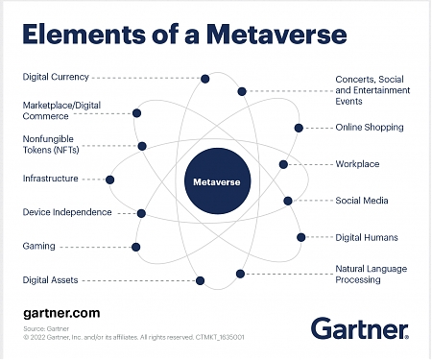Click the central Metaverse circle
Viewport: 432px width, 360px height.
(x=214, y=180)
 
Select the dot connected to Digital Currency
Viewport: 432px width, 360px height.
(x=205, y=79)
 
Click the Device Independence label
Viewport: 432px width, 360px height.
(x=67, y=212)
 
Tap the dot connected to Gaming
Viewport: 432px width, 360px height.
(x=135, y=247)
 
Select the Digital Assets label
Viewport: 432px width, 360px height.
(x=51, y=280)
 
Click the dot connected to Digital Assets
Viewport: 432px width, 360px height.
(x=201, y=280)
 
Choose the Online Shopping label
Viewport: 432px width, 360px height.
(x=369, y=127)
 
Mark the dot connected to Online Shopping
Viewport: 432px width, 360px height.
(x=299, y=127)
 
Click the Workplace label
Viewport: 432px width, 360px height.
(x=357, y=164)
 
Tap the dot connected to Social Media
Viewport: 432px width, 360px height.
(x=288, y=201)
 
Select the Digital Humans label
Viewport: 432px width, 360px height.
(x=367, y=236)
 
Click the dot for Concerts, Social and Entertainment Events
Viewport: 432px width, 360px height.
(x=242, y=92)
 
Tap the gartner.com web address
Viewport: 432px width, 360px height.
(x=60, y=313)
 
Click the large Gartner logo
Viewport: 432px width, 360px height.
(x=359, y=328)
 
